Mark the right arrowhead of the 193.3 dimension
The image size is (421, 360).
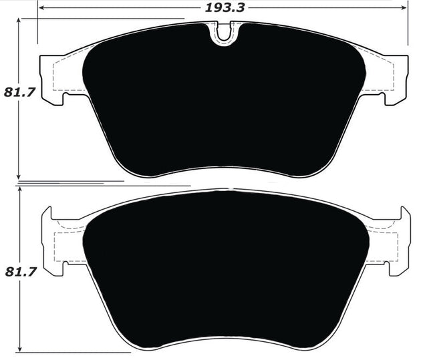point(405,8)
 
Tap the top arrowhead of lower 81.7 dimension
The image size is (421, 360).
point(20,190)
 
